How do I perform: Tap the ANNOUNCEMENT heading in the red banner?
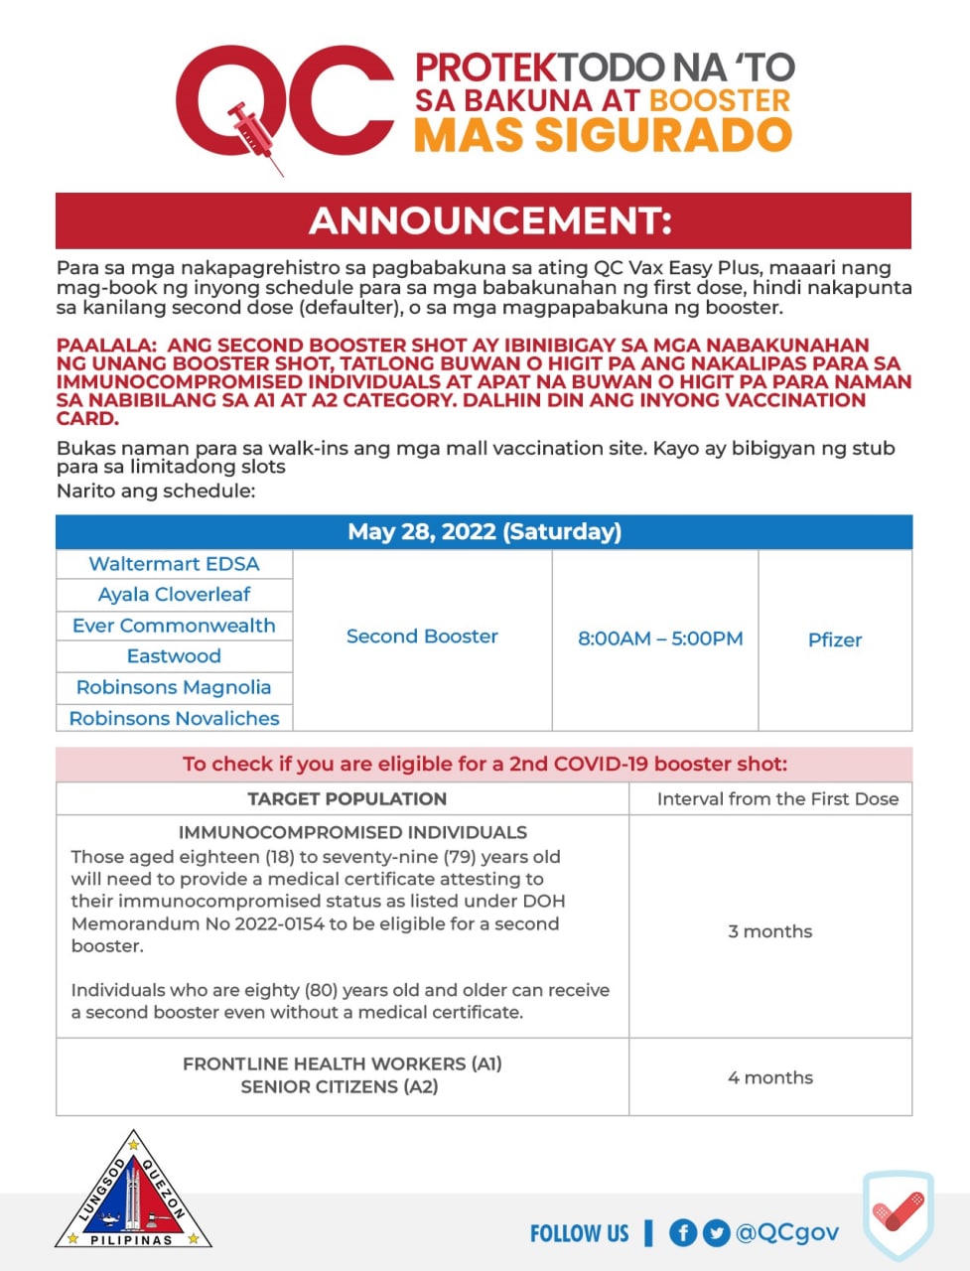coord(490,220)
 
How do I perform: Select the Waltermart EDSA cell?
coord(174,564)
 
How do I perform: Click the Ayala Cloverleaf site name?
coord(174,595)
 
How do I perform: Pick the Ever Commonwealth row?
coord(174,626)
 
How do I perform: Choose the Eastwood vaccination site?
coord(174,656)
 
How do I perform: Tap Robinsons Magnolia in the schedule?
coord(174,687)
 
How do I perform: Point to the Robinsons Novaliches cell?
coord(174,718)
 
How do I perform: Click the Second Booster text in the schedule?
coord(422,636)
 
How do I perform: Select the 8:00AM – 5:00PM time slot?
coord(660,638)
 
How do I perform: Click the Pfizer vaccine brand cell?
coord(835,640)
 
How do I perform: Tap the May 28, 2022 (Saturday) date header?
coord(485,532)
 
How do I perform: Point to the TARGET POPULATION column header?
coord(346,799)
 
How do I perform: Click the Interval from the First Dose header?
coord(777,799)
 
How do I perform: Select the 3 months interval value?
coord(770,931)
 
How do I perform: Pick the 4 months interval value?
coord(770,1077)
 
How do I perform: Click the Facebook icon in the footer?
coord(682,1233)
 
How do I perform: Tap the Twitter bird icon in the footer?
coord(716,1233)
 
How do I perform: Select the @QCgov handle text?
coord(787,1232)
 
